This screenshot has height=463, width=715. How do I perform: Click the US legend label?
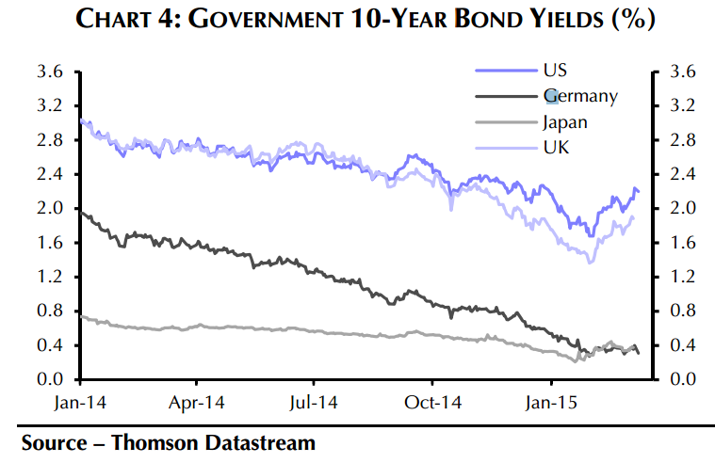(555, 71)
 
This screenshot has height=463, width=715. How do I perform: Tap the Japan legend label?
(564, 121)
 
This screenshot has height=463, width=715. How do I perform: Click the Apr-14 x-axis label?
(197, 403)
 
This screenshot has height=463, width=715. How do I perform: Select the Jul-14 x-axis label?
(314, 403)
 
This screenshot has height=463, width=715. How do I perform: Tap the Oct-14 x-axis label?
(432, 403)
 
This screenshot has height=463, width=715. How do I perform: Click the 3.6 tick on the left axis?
(50, 72)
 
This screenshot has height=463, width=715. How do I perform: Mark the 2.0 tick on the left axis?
(50, 208)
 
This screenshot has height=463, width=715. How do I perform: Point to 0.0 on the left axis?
(50, 379)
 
